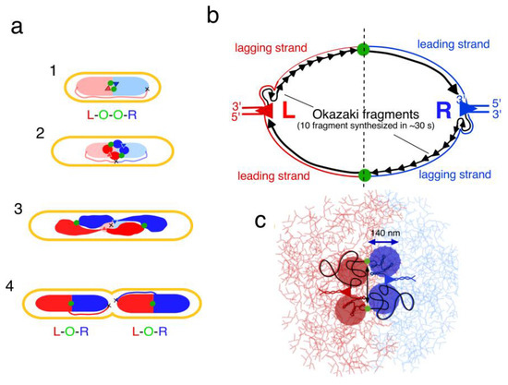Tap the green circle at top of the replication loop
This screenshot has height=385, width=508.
click(362, 49)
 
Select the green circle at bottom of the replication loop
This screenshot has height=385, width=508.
click(362, 174)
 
